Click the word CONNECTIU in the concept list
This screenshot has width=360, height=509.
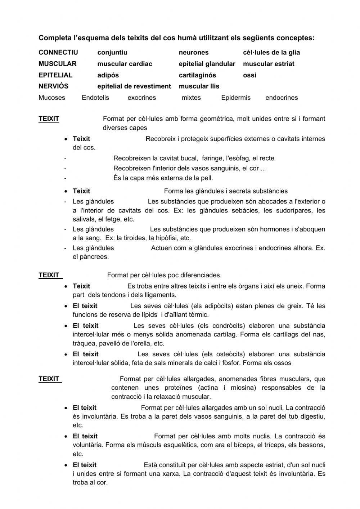(x=58, y=53)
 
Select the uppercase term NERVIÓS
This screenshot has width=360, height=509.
(x=53, y=86)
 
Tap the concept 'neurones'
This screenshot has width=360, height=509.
(x=193, y=53)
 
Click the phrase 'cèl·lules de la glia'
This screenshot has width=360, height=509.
(x=271, y=53)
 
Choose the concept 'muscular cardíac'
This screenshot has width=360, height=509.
(x=125, y=64)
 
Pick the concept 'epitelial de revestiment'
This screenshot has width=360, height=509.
(x=134, y=86)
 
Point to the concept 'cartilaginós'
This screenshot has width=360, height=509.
(x=197, y=75)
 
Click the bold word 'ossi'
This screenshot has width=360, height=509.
(x=249, y=75)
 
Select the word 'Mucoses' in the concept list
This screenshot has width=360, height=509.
(x=52, y=98)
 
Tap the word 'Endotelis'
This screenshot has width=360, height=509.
(x=95, y=98)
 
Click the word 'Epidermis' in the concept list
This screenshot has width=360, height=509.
(x=235, y=98)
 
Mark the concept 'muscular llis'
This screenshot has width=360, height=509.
(x=199, y=86)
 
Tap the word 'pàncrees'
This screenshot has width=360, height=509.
(x=95, y=257)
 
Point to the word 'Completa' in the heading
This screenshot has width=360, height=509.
(x=53, y=38)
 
